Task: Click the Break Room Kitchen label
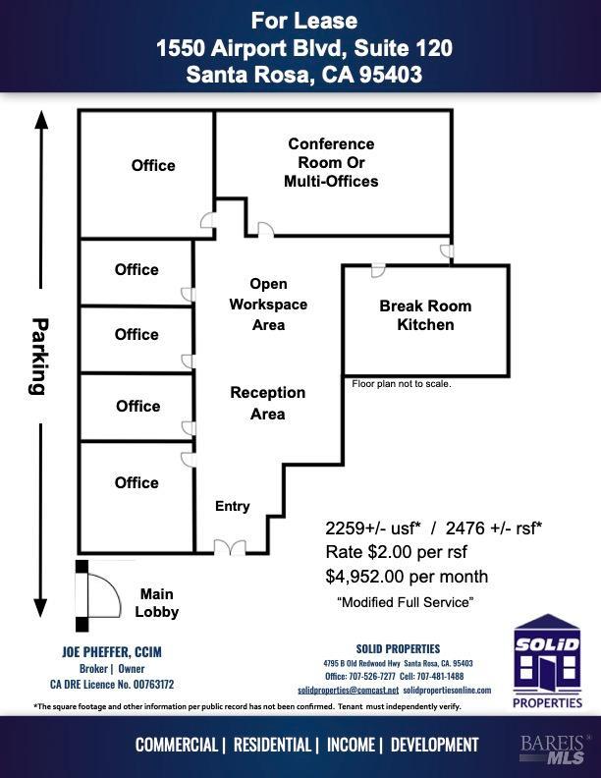pyautogui.click(x=425, y=315)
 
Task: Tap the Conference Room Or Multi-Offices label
pyautogui.click(x=331, y=162)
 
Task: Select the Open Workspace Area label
pyautogui.click(x=268, y=305)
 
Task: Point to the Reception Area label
pyautogui.click(x=268, y=403)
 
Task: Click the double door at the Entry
pyautogui.click(x=230, y=547)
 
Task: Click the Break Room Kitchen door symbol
pyautogui.click(x=378, y=271)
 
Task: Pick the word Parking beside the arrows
pyautogui.click(x=38, y=357)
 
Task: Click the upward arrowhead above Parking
pyautogui.click(x=41, y=120)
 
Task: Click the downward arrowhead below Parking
pyautogui.click(x=40, y=608)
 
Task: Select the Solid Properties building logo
pyautogui.click(x=547, y=661)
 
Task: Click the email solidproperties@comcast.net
pyautogui.click(x=348, y=691)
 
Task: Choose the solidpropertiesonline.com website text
pyautogui.click(x=447, y=691)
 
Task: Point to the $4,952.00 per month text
pyautogui.click(x=407, y=577)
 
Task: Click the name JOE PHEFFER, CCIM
pyautogui.click(x=112, y=652)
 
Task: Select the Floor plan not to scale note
pyautogui.click(x=402, y=383)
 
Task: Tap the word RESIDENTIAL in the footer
pyautogui.click(x=272, y=745)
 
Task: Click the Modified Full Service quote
pyautogui.click(x=406, y=602)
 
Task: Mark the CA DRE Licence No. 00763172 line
pyautogui.click(x=112, y=685)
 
